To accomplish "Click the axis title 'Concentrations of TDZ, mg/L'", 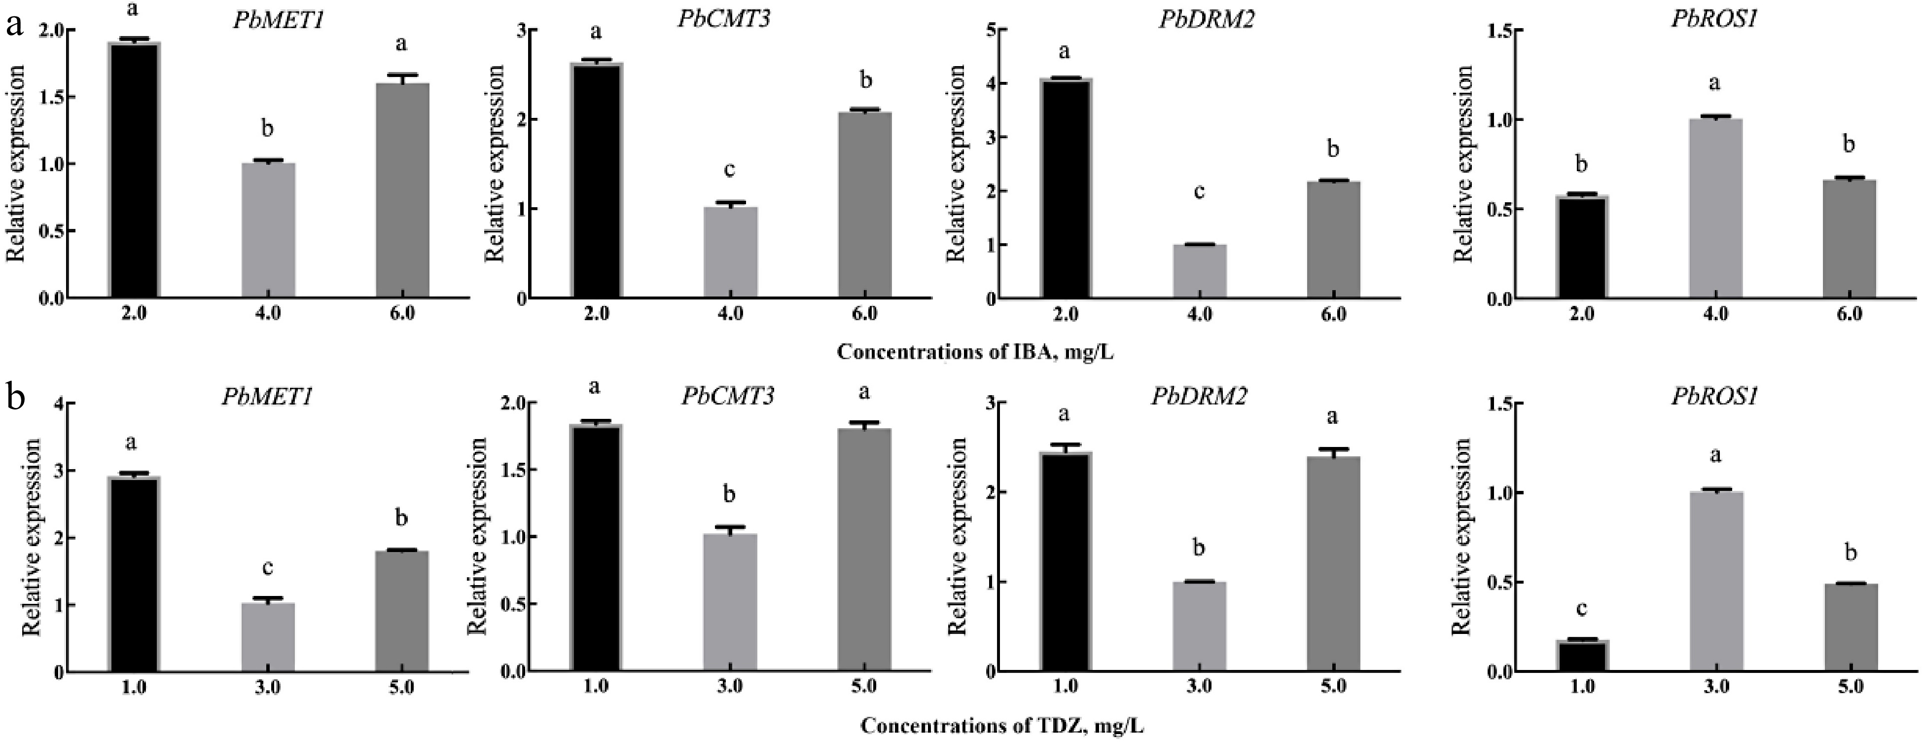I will (1001, 726).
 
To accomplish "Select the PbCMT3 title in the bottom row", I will (727, 396).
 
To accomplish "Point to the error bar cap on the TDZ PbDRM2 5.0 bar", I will (1333, 449).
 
